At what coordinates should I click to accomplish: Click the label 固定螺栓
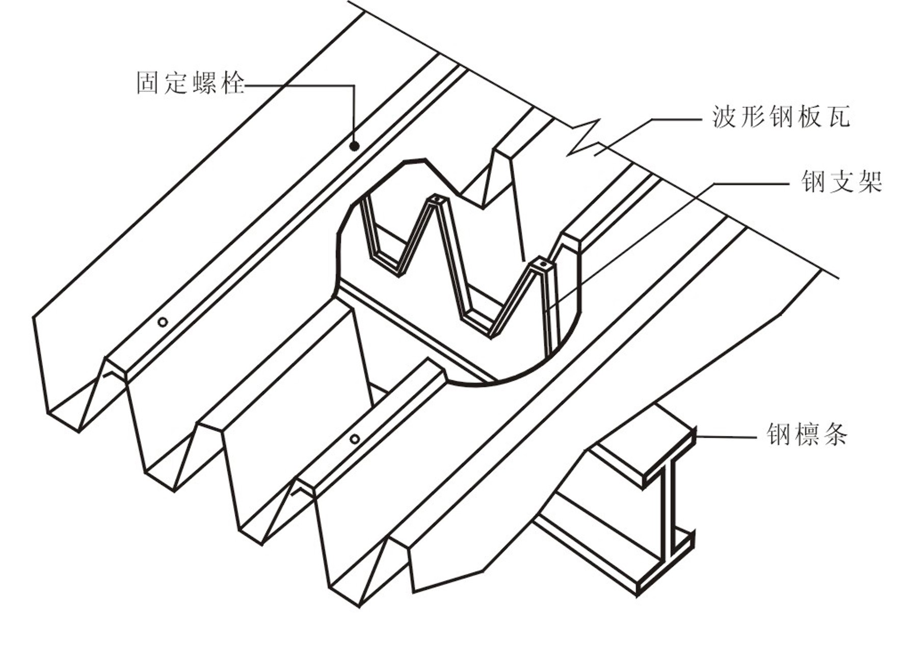click(x=191, y=83)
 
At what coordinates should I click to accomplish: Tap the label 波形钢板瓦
click(x=780, y=117)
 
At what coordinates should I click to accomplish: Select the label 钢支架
click(x=841, y=181)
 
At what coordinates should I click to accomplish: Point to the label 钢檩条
click(x=807, y=434)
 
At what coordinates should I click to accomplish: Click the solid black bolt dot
click(x=354, y=146)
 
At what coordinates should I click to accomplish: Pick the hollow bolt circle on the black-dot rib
click(x=163, y=322)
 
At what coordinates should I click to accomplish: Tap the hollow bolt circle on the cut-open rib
click(x=355, y=439)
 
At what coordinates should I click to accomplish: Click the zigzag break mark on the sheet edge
click(x=583, y=138)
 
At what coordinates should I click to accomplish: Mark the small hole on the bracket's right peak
click(x=543, y=265)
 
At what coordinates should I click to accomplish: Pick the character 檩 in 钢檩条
click(x=807, y=434)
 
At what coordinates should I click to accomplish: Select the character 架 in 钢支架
click(x=869, y=181)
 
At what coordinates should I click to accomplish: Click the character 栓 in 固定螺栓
click(x=233, y=83)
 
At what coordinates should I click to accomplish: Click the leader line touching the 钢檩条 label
click(x=726, y=437)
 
